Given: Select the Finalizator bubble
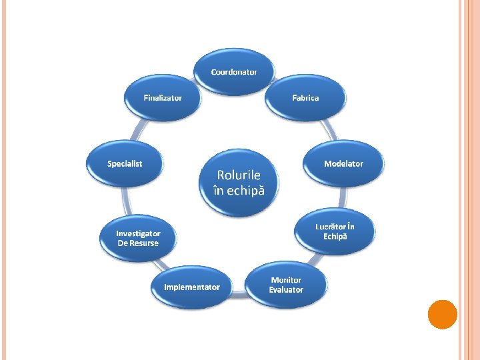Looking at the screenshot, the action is (x=163, y=98).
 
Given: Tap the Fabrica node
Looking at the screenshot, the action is (x=305, y=98).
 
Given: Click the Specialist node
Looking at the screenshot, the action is (x=125, y=164).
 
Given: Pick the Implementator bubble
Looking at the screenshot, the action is (x=192, y=287).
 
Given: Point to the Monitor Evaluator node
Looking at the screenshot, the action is (x=286, y=285).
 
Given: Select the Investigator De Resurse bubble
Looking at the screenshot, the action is (x=138, y=239).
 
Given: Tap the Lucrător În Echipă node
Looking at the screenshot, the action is (x=335, y=231).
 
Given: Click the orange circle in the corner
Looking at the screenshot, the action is (x=442, y=315).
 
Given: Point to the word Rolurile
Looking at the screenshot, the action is (x=239, y=175).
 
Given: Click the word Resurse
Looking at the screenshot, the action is (x=144, y=243).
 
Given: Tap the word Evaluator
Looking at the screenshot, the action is (x=286, y=290).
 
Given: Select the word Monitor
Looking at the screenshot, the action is (x=286, y=280).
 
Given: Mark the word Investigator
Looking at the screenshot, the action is (x=138, y=233).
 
